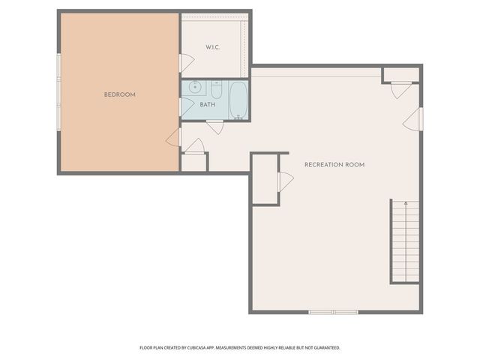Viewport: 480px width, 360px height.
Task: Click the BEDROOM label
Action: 119,94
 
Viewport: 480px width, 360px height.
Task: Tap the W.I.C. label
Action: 214,48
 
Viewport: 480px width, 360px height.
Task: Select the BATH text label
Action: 208,104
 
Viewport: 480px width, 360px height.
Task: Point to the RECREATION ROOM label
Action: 334,164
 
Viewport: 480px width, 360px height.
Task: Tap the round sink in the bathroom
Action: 195,88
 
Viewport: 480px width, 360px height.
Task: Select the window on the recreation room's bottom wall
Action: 334,312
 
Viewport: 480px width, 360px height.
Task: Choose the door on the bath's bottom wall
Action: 214,126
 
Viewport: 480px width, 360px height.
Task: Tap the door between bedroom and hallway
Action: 174,136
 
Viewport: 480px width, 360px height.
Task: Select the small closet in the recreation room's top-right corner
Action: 400,74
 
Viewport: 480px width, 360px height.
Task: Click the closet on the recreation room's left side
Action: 265,179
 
